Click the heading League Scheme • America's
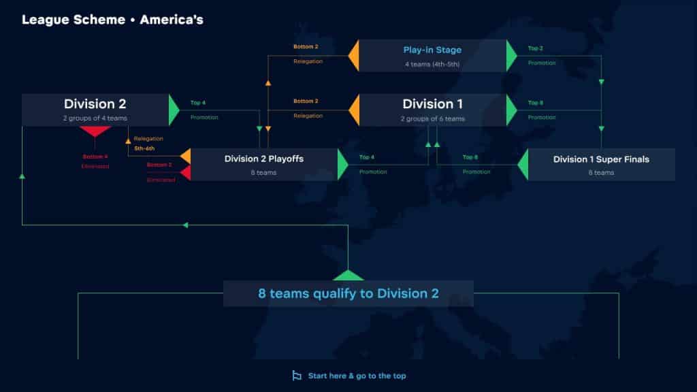tap(112, 20)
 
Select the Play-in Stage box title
tap(432, 50)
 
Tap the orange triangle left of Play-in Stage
tap(353, 56)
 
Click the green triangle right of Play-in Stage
tap(512, 56)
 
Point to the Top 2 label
tap(535, 48)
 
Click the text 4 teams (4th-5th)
tap(432, 65)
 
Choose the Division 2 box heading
tap(95, 104)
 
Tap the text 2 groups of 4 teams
tap(95, 118)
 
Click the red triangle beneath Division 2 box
tap(95, 131)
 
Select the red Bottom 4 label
tap(95, 157)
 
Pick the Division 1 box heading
tap(432, 104)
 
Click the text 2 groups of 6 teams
tap(432, 119)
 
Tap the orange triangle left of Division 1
tap(353, 110)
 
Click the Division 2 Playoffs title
tap(264, 159)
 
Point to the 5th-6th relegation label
tap(144, 148)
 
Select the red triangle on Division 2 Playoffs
tap(185, 173)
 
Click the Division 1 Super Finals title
tap(601, 159)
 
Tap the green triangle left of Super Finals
tap(523, 165)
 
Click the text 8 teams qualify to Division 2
tap(348, 293)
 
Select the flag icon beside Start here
tap(297, 376)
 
